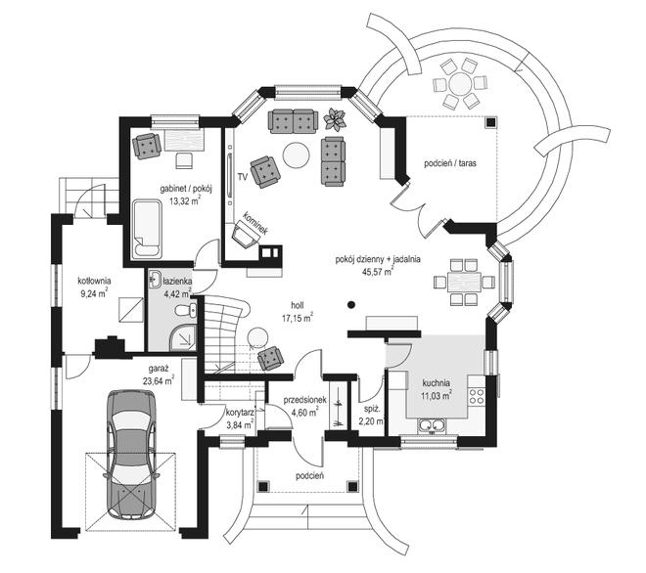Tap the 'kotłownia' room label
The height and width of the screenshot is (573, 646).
[94, 280]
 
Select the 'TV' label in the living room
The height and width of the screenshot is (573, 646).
[241, 178]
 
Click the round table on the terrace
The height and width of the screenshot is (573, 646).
[457, 82]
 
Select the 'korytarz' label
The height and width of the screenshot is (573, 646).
[240, 413]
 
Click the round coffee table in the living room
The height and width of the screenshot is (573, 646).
[295, 153]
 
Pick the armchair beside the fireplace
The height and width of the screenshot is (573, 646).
[243, 235]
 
